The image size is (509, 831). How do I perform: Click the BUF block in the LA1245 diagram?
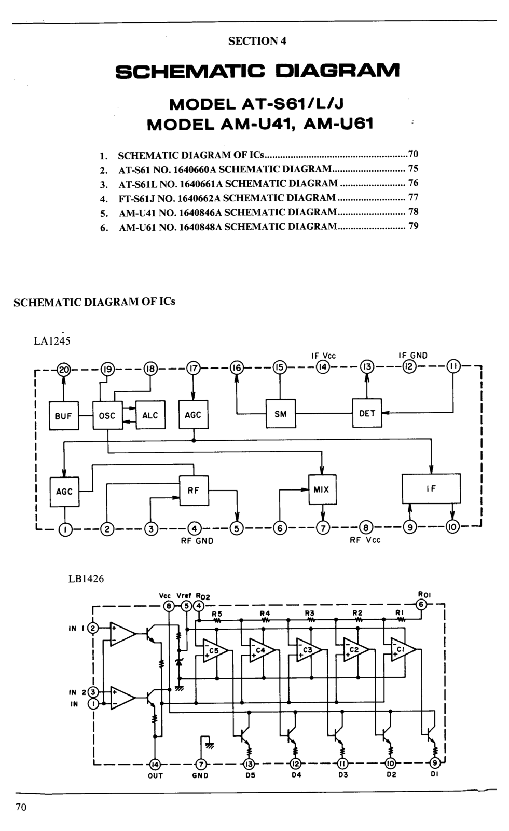tap(63, 415)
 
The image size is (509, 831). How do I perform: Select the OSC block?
tap(107, 415)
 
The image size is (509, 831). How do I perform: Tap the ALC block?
tap(150, 415)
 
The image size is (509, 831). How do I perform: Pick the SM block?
tap(281, 414)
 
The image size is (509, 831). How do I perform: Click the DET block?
tap(367, 413)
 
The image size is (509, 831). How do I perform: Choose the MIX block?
tap(322, 489)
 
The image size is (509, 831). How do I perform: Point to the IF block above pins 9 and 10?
tap(431, 489)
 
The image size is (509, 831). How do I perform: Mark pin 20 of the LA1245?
tap(64, 369)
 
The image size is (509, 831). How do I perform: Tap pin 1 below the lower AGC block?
tap(65, 529)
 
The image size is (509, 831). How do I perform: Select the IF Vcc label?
tap(324, 356)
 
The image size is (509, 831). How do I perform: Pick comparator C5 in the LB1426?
tap(212, 650)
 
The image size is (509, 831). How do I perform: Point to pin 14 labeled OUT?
tap(155, 764)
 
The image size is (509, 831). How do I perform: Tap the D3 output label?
tap(343, 775)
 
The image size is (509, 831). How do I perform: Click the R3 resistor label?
tap(310, 613)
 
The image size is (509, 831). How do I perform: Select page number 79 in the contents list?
tap(414, 226)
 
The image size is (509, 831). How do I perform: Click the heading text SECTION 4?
tap(257, 41)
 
